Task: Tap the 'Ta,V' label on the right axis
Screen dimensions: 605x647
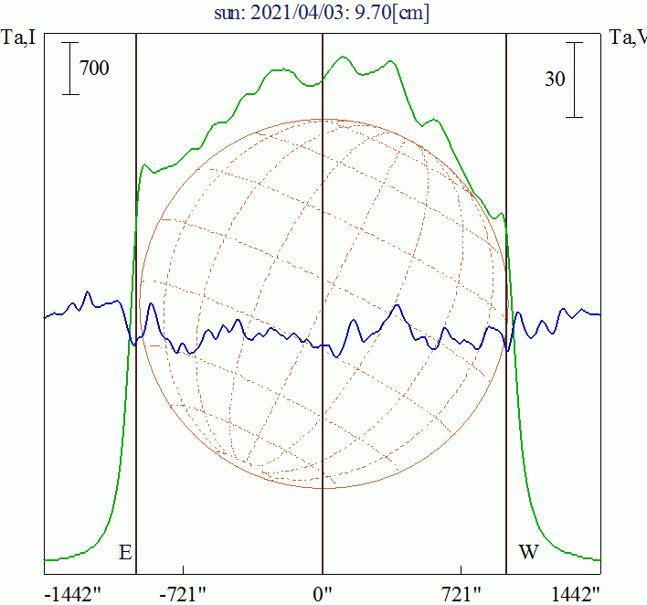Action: click(x=628, y=38)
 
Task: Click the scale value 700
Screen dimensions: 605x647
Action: click(x=94, y=68)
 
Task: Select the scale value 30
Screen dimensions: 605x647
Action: click(x=554, y=79)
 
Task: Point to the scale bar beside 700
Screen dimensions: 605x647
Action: click(x=70, y=68)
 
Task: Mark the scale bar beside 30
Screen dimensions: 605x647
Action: click(x=574, y=79)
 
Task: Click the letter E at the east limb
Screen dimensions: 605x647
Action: click(x=125, y=552)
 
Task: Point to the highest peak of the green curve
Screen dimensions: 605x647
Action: click(x=344, y=58)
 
